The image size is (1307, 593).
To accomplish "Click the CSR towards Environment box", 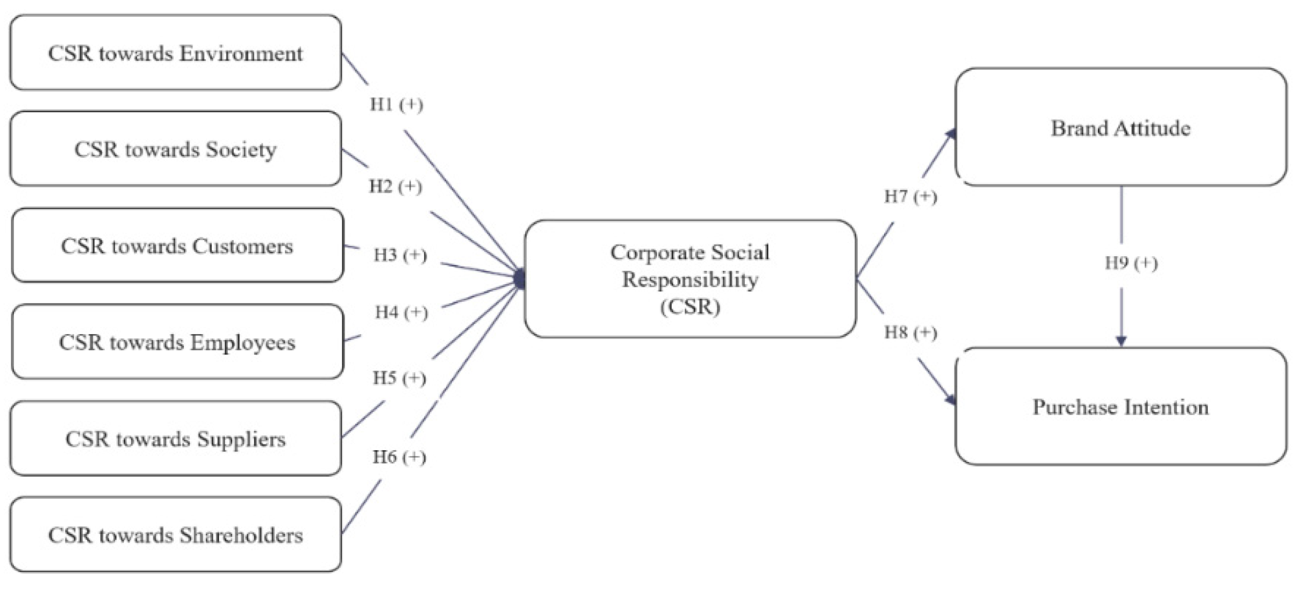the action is point(175,53).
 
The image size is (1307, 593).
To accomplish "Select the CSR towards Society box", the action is point(175,149).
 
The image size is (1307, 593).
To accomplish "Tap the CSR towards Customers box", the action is point(177,245).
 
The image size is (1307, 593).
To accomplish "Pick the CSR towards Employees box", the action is point(177,342).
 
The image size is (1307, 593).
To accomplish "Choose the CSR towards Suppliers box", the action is point(175,438).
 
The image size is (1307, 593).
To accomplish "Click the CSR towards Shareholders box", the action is point(175,534).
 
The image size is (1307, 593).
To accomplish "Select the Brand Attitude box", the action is point(1121,127).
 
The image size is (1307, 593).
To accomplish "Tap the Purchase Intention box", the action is point(1121,407).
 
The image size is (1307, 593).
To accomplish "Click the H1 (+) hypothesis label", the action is point(396,104).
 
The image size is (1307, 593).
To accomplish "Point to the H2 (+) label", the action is point(396,186).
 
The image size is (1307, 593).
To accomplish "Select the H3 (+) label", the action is point(400,255).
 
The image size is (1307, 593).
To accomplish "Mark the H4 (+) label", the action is point(401,312).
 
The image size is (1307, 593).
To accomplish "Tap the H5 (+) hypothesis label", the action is point(399,378).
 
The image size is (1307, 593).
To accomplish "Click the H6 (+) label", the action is point(399,457).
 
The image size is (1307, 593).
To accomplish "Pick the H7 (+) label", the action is point(910,197).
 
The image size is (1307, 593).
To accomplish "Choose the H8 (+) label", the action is point(910,332).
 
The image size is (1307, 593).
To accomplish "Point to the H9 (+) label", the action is point(1131,263).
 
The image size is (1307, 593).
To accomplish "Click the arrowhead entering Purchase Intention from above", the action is point(1121,341).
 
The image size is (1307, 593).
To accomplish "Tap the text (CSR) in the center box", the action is point(690,307).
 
